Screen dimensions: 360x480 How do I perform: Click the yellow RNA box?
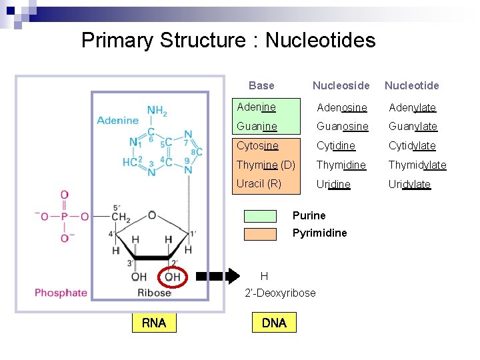154,323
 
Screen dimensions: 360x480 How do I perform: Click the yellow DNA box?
274,323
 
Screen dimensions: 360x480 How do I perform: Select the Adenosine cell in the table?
341,107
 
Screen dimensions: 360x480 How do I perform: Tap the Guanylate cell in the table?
413,127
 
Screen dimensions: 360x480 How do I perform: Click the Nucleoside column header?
341,85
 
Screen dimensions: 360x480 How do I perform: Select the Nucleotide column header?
411,85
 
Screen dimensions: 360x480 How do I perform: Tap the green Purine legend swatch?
260,216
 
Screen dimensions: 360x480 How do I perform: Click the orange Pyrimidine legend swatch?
260,233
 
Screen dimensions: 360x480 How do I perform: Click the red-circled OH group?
172,277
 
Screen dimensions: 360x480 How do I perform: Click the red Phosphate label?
61,293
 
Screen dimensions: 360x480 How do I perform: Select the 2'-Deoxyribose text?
280,293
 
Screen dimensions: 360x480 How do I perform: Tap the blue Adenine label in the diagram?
117,121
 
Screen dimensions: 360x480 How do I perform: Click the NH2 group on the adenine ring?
157,111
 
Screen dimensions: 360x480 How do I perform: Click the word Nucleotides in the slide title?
320,41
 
